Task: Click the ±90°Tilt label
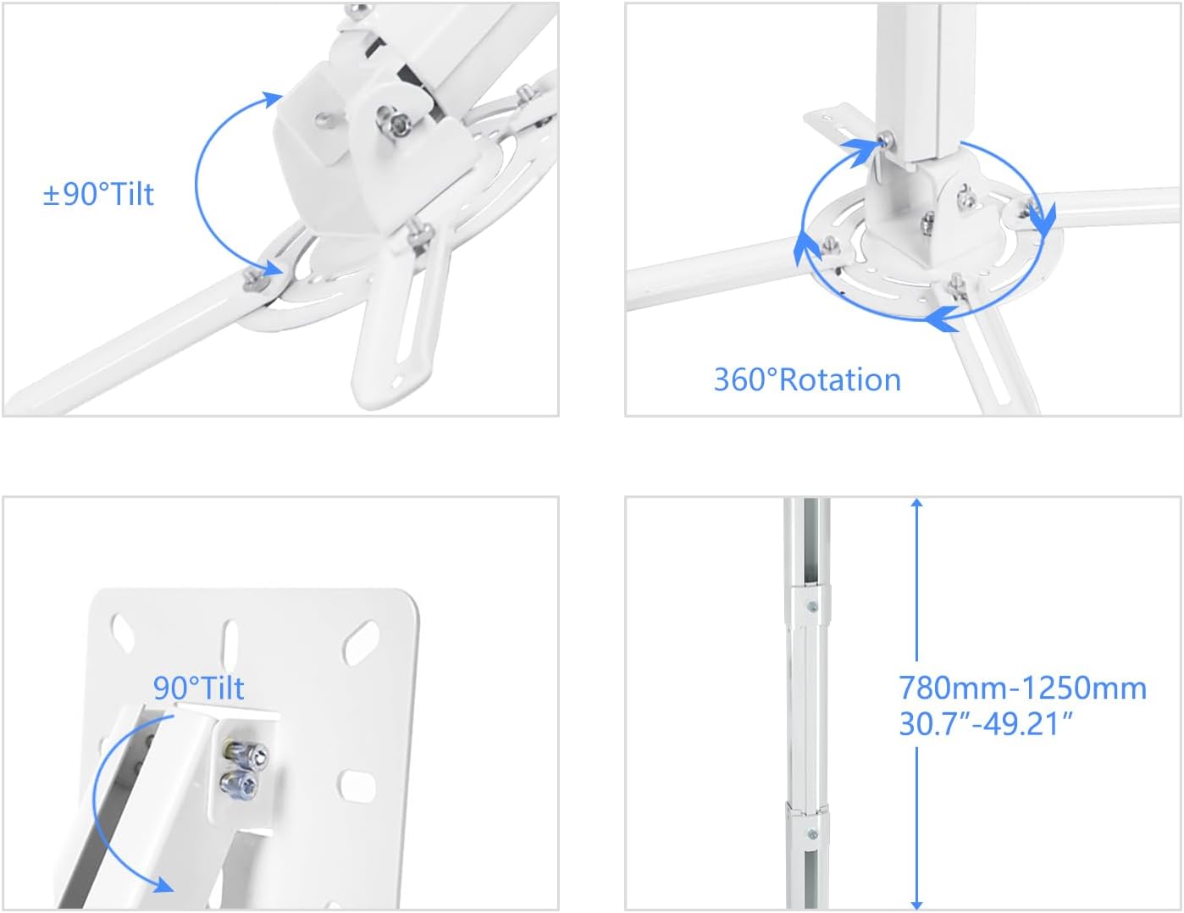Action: (98, 194)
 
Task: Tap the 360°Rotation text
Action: (807, 379)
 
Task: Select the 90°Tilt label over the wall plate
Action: (198, 688)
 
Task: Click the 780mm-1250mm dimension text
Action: (1022, 687)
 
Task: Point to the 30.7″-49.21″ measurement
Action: (986, 724)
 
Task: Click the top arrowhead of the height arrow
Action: (916, 505)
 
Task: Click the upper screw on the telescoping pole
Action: (813, 607)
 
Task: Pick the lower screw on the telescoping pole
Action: (813, 834)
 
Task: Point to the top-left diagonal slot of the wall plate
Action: (124, 632)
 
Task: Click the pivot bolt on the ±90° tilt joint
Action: (393, 120)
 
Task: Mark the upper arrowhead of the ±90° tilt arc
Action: (273, 99)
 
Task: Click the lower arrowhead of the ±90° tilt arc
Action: (274, 268)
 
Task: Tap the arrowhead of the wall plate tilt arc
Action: (161, 883)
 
